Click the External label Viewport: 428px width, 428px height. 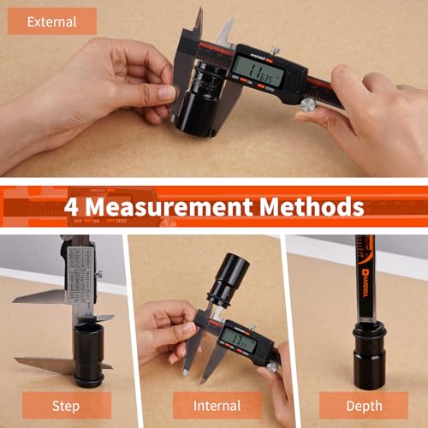pos(52,21)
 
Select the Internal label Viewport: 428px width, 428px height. pos(217,405)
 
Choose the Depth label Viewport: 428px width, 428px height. pos(364,405)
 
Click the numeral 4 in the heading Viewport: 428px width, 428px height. pos(71,205)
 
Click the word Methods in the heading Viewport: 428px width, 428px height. pos(320,205)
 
